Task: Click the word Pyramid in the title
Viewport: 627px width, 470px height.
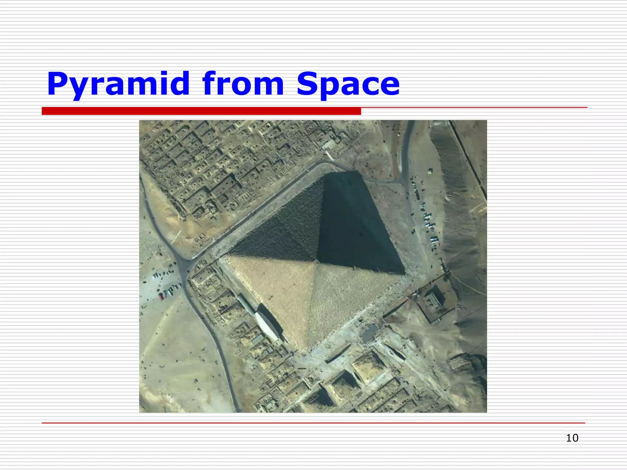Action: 118,84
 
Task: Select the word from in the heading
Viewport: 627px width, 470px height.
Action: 243,84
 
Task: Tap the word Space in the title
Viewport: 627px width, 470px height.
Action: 348,84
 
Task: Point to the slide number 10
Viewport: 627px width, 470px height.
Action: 572,438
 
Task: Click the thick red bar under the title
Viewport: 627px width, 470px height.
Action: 201,111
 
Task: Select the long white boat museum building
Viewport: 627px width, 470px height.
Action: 267,324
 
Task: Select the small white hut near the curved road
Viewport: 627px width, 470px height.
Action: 430,171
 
